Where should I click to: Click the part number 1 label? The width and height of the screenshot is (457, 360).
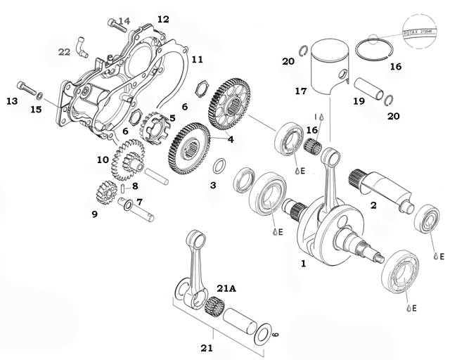point(303,265)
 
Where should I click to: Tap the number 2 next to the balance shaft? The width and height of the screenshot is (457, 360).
point(373,205)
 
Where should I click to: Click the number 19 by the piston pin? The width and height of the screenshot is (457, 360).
point(359,101)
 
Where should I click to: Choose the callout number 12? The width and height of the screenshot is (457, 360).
point(163,19)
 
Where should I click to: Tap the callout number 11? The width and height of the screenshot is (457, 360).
point(197,59)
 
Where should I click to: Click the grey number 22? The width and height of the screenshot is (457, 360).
point(64,51)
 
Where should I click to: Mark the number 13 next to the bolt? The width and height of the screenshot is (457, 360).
point(12,101)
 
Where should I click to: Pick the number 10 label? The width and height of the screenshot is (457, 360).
point(103,160)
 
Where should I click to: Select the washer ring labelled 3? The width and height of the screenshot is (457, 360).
point(219,167)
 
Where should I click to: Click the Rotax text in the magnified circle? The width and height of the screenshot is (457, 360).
point(418,32)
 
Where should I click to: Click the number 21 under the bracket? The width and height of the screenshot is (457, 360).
point(207,347)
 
